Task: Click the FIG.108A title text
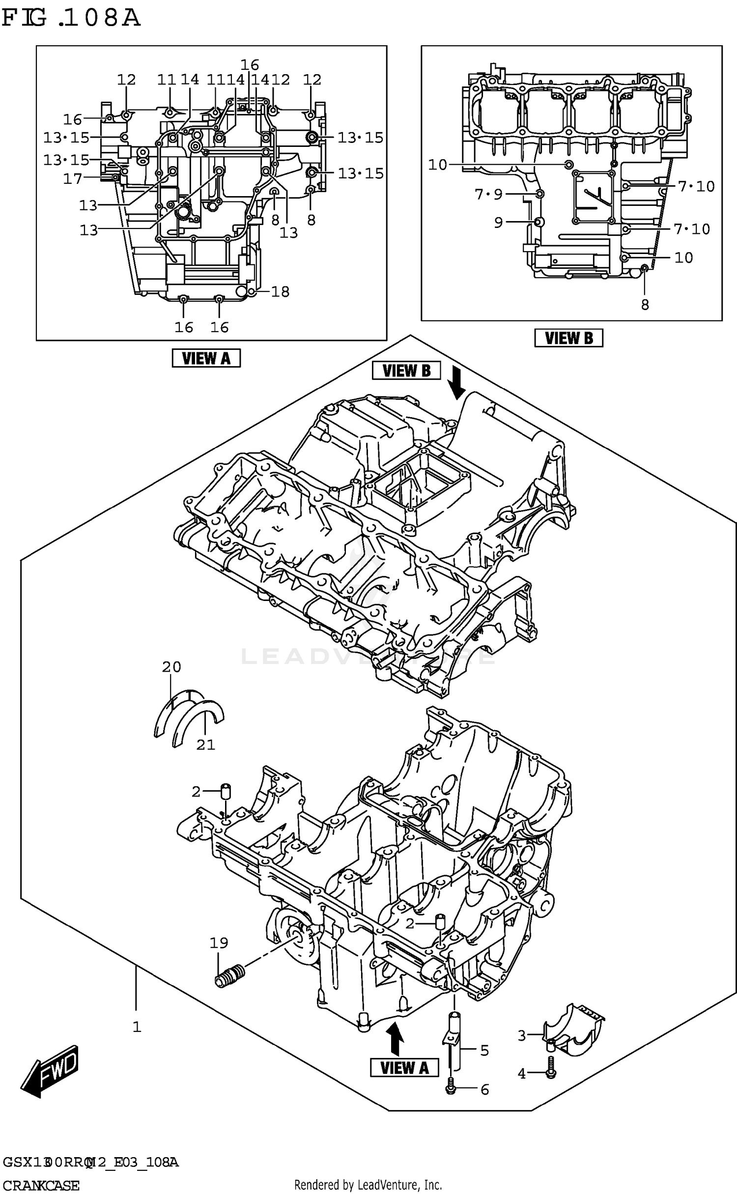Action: tap(71, 19)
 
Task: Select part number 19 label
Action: tap(219, 942)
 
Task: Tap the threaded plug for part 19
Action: tap(230, 976)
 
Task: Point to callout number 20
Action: tap(171, 667)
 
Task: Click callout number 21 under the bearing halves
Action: tap(206, 745)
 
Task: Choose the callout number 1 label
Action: tap(137, 1026)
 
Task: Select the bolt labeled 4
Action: tap(551, 1074)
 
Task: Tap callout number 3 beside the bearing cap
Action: tap(522, 1036)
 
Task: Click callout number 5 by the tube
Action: tap(484, 1051)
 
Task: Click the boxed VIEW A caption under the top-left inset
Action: tap(206, 358)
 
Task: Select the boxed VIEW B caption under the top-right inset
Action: tap(568, 338)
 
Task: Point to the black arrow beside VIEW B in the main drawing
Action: tap(457, 383)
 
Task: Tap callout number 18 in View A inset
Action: tap(280, 292)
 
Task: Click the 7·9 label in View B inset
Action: tap(488, 195)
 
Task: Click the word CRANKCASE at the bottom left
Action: tap(40, 1186)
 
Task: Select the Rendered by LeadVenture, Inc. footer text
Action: tap(368, 1185)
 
